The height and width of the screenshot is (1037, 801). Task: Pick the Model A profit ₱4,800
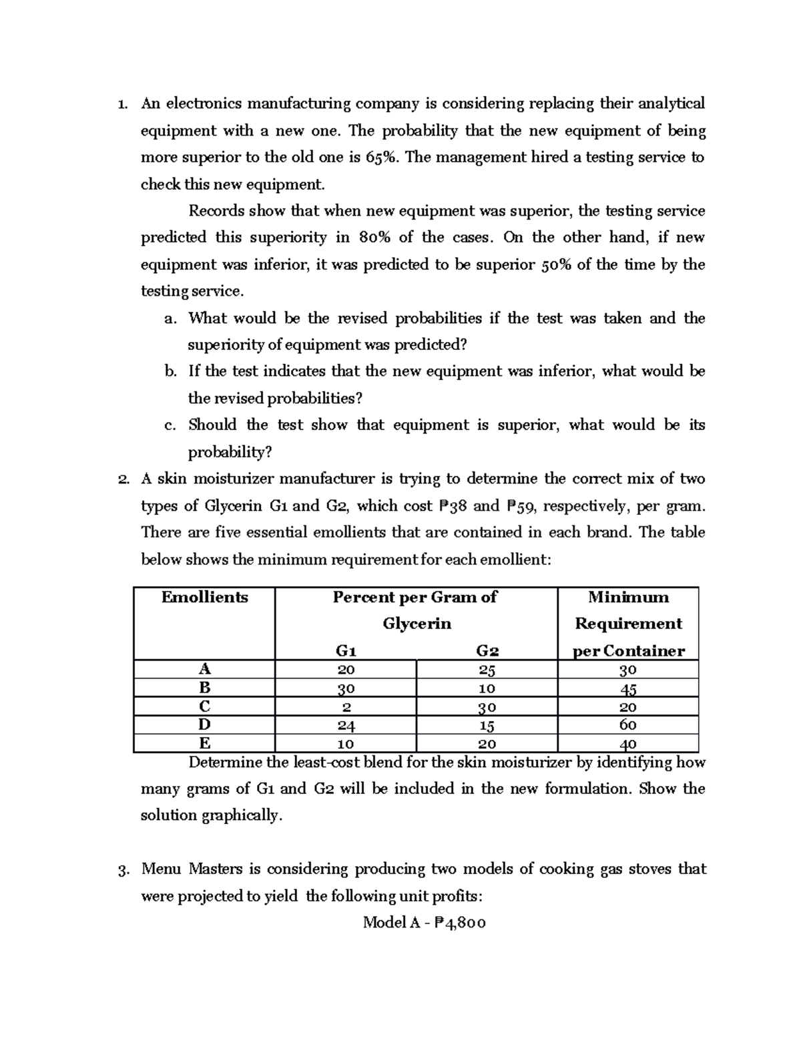(460, 923)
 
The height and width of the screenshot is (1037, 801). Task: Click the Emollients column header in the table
(204, 597)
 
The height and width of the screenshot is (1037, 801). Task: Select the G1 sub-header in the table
(346, 650)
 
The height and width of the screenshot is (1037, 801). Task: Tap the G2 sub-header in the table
(487, 650)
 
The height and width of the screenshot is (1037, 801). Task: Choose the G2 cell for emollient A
(487, 670)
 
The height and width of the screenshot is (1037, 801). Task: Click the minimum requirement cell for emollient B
(628, 688)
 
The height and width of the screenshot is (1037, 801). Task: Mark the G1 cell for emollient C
(346, 706)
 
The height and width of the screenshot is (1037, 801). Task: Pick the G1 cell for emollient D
(346, 725)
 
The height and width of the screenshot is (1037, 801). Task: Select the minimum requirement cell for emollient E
(628, 743)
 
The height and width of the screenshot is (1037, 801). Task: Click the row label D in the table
(204, 724)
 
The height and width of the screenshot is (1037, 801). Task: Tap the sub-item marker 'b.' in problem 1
(170, 372)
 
